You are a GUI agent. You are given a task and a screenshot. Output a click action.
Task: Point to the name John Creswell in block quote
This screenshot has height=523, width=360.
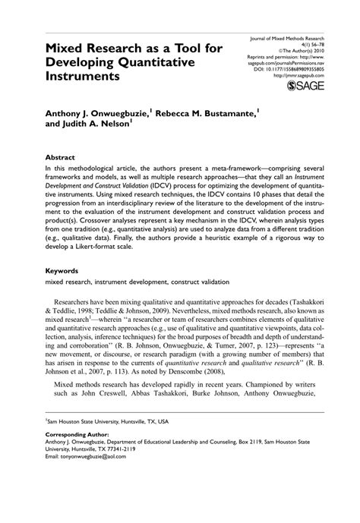point(103,414)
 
